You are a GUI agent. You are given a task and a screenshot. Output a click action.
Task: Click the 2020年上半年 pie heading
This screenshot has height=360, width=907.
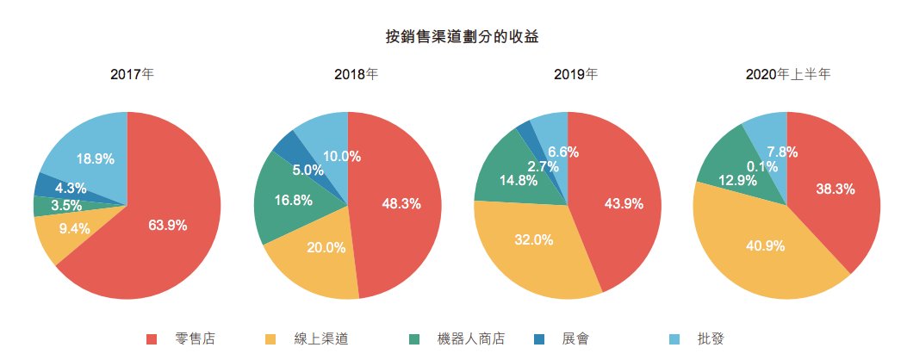[787, 75]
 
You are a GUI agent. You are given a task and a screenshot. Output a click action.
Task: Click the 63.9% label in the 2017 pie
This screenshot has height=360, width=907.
[167, 226]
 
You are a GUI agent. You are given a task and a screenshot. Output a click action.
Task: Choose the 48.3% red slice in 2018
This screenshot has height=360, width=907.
[401, 204]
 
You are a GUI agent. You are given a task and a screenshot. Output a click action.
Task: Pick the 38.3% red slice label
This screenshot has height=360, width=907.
[834, 189]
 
